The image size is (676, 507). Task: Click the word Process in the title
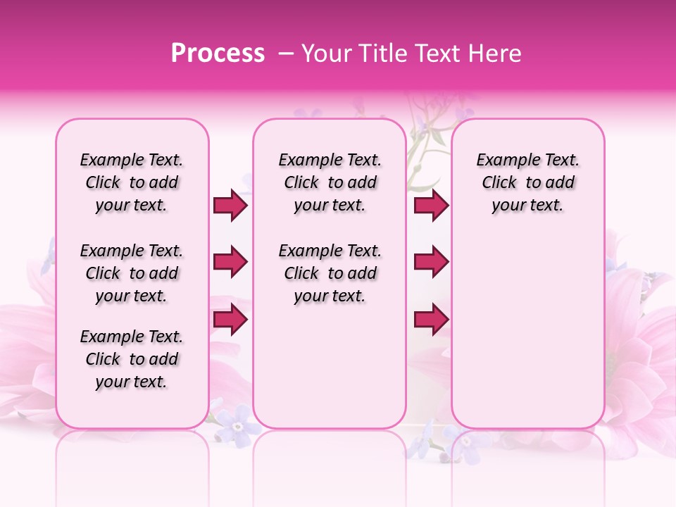218,54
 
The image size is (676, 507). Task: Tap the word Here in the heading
496,54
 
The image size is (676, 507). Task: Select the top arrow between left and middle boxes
230,206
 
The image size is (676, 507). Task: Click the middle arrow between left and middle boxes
230,263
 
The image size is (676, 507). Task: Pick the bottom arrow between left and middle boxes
230,320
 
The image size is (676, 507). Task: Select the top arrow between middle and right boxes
431,206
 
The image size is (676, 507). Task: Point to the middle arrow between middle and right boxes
431,263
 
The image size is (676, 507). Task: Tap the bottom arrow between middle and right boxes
431,320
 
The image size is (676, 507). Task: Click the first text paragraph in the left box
132,182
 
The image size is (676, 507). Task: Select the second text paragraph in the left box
132,273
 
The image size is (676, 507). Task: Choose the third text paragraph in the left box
132,359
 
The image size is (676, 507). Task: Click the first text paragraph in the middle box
330,182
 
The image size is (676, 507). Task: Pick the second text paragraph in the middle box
330,273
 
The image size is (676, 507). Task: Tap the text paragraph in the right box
528,182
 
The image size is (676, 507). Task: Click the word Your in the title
325,54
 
